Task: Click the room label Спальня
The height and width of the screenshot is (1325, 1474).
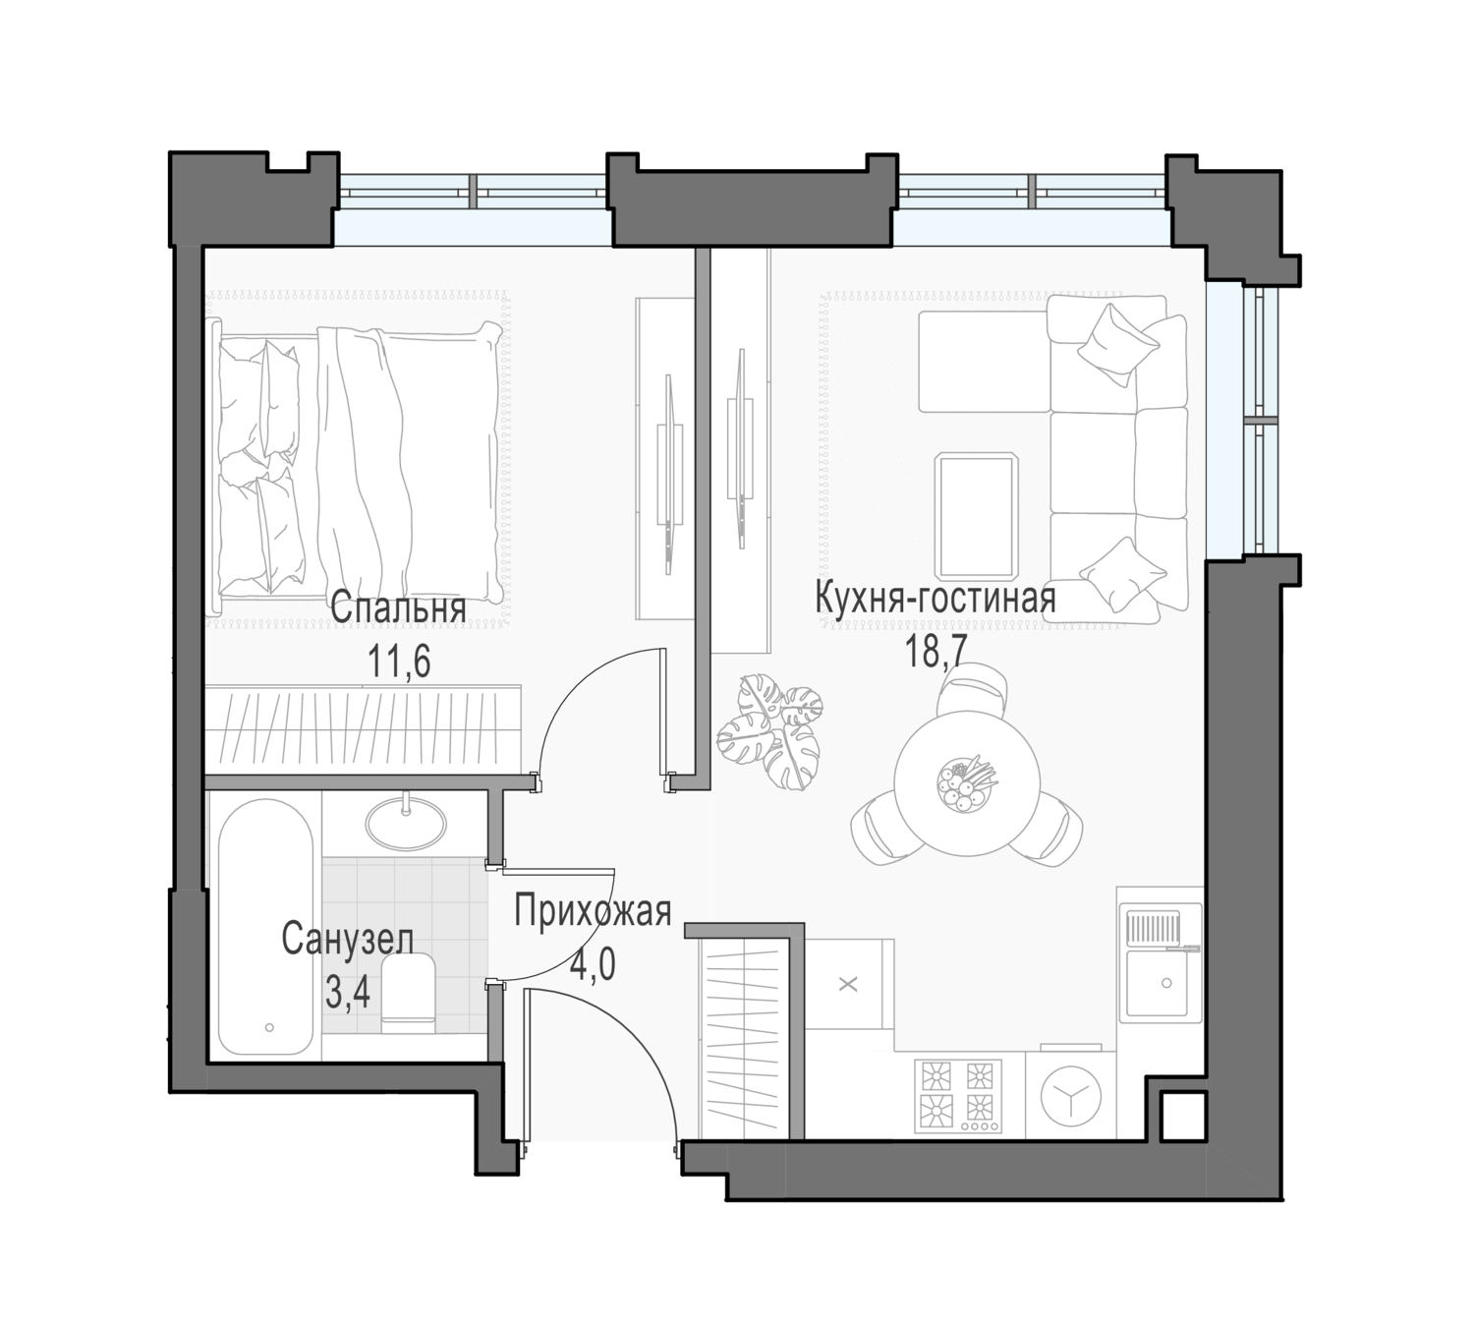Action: [398, 609]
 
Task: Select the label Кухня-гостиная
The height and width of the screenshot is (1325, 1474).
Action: [935, 599]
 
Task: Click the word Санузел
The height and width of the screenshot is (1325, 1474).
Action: [347, 940]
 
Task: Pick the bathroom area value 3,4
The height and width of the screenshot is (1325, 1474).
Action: [348, 994]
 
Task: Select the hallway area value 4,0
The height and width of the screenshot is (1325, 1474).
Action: [593, 964]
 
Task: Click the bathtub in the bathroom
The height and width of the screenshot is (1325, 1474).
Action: [265, 927]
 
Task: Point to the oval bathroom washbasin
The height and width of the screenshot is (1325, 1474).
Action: [406, 823]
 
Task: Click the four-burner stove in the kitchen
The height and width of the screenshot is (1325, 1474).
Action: [957, 1096]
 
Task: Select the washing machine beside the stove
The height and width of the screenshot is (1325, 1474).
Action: [1070, 1096]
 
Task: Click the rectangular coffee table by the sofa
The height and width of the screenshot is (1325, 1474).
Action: [976, 515]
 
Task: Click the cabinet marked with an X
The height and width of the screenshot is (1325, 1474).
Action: [849, 984]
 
